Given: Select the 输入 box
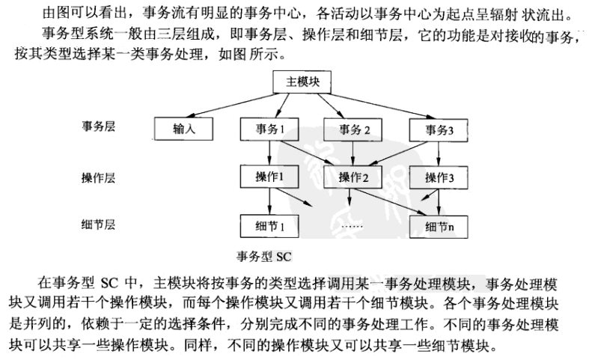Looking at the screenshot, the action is pyautogui.click(x=182, y=129).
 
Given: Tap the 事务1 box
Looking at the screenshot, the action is pyautogui.click(x=268, y=129).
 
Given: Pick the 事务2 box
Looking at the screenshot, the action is pyautogui.click(x=353, y=129).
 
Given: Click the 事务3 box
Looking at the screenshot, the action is pyautogui.click(x=439, y=129).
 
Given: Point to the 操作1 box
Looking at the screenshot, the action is pyautogui.click(x=268, y=178).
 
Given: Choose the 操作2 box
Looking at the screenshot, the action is pyautogui.click(x=353, y=178).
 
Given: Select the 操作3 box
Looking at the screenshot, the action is pyautogui.click(x=439, y=178).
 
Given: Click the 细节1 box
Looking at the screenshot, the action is pyautogui.click(x=268, y=225).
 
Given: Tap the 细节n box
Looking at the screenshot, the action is pyautogui.click(x=439, y=225).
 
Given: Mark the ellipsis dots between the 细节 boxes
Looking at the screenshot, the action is pyautogui.click(x=353, y=225).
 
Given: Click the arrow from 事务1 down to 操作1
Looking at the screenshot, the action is pyautogui.click(x=268, y=153).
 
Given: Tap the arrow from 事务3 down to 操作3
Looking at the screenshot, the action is pyautogui.click(x=439, y=153).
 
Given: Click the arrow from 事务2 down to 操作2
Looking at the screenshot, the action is pyautogui.click(x=353, y=153).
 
